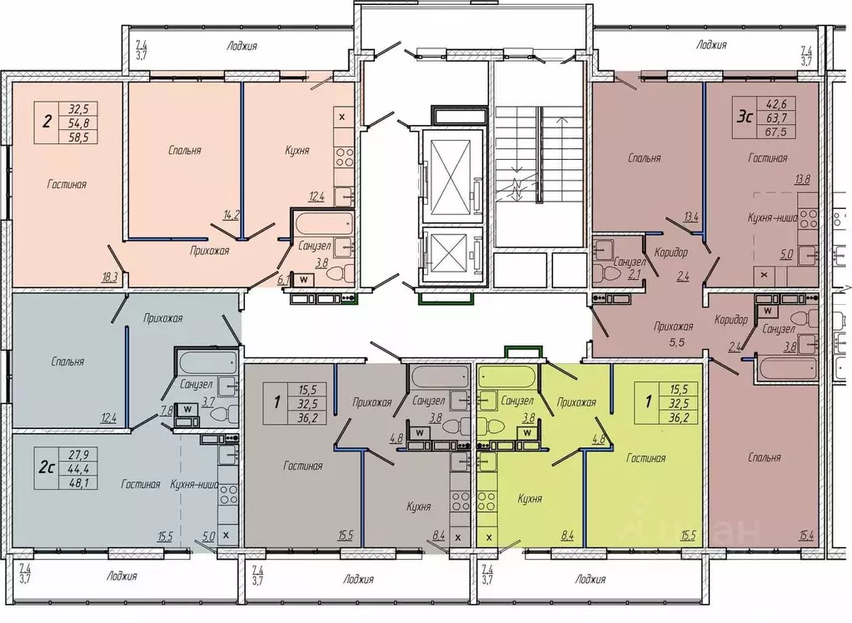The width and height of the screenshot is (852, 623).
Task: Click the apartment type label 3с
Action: (744, 117)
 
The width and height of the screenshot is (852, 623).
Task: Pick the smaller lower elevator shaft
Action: (451, 256)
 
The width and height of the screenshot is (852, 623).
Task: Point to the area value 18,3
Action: (110, 278)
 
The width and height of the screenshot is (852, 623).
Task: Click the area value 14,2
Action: (232, 215)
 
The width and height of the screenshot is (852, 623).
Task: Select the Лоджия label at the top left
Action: (242, 46)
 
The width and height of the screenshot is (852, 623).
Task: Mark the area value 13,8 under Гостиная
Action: (802, 180)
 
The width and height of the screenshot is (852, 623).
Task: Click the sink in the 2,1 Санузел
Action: (603, 251)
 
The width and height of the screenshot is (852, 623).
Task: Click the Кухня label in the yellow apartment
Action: (530, 499)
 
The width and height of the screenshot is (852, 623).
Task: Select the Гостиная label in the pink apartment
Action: (67, 184)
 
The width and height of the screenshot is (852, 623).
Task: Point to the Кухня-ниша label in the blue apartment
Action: (195, 485)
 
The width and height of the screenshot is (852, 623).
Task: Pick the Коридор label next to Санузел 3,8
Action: (731, 320)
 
